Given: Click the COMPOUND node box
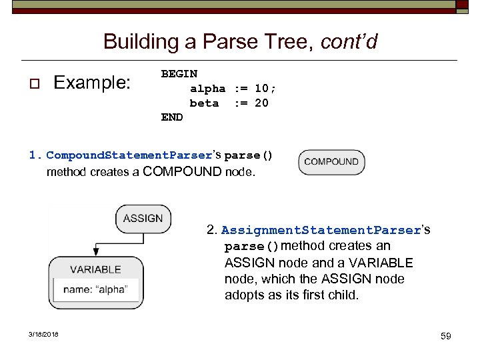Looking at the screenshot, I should pos(331,162).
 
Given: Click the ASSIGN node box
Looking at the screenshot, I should pos(143,219).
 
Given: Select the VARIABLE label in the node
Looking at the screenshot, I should pos(96,269).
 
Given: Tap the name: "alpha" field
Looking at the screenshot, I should pos(96,290).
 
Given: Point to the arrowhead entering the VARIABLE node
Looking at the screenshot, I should pos(96,252).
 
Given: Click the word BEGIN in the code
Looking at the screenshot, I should pos(179,73).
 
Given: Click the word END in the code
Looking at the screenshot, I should pos(172,117).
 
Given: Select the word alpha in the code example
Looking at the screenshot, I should pos(207,88).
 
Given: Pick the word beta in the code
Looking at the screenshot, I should pos(204,103).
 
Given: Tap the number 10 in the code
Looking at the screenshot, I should pos(261,88).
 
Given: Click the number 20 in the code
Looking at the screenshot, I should pos(261,103).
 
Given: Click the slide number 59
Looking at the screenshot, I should pos(445,336).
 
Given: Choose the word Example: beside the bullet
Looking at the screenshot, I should pos(93,83).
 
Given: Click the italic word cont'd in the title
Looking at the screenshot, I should pos(349,42).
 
